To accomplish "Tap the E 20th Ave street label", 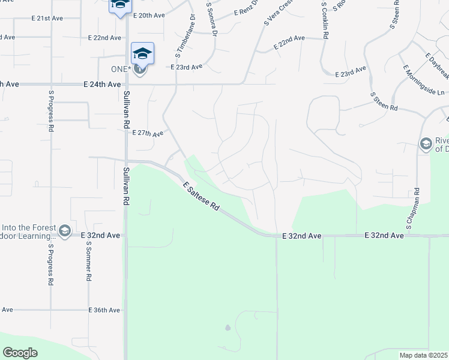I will tap(149, 14).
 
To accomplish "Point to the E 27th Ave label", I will tap(147, 133).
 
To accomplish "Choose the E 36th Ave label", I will tap(104, 310).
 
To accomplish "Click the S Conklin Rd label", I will tap(324, 20).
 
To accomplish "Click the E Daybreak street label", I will tap(437, 67).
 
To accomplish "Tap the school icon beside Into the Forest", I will tap(65, 230).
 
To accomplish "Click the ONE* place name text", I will tap(121, 69).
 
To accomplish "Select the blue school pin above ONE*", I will tap(142, 53).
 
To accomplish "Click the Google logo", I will tap(20, 353).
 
